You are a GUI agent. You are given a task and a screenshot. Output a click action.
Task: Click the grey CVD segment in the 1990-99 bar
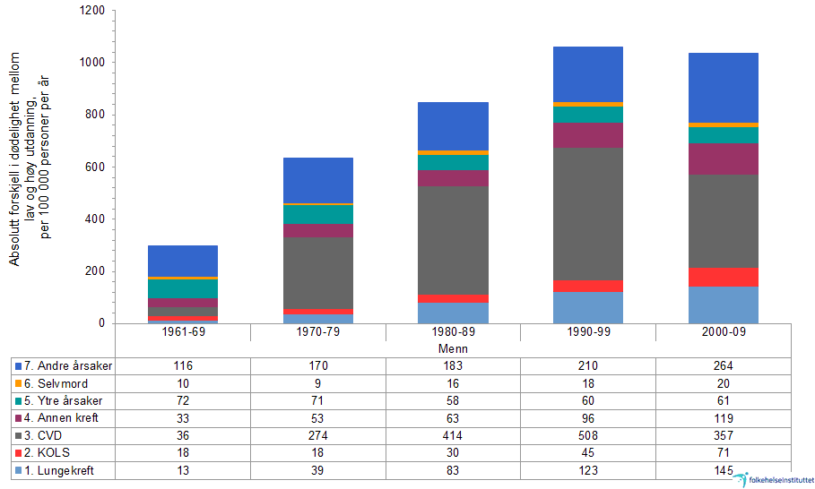click(x=588, y=214)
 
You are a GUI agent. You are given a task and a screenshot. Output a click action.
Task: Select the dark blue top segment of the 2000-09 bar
click(x=724, y=87)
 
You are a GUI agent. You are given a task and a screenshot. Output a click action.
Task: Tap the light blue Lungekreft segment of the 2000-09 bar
click(x=724, y=305)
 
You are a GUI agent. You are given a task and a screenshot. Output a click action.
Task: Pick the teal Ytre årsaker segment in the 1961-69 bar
click(x=183, y=287)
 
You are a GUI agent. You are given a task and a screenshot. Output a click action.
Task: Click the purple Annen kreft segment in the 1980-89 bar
click(x=454, y=177)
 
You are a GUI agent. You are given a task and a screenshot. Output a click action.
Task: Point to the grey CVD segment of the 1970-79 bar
click(x=318, y=272)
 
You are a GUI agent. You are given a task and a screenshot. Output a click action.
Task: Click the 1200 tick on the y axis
click(x=92, y=11)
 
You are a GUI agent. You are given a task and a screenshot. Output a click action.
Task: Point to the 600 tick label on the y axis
click(x=96, y=167)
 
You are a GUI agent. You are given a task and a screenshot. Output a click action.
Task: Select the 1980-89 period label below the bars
click(x=454, y=332)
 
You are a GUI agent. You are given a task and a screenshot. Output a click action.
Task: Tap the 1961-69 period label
click(x=183, y=332)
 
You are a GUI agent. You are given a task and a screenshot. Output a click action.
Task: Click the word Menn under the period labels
click(x=454, y=348)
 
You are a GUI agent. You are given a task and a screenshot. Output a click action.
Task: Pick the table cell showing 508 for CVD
click(x=588, y=436)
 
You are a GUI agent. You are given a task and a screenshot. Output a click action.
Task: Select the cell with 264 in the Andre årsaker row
click(x=724, y=366)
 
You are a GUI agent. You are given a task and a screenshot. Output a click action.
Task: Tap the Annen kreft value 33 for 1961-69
click(x=183, y=418)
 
